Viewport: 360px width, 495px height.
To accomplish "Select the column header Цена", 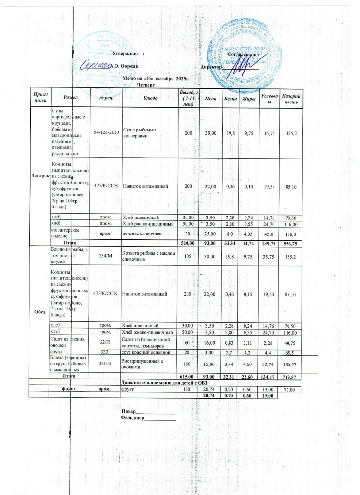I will coord(210,99).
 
